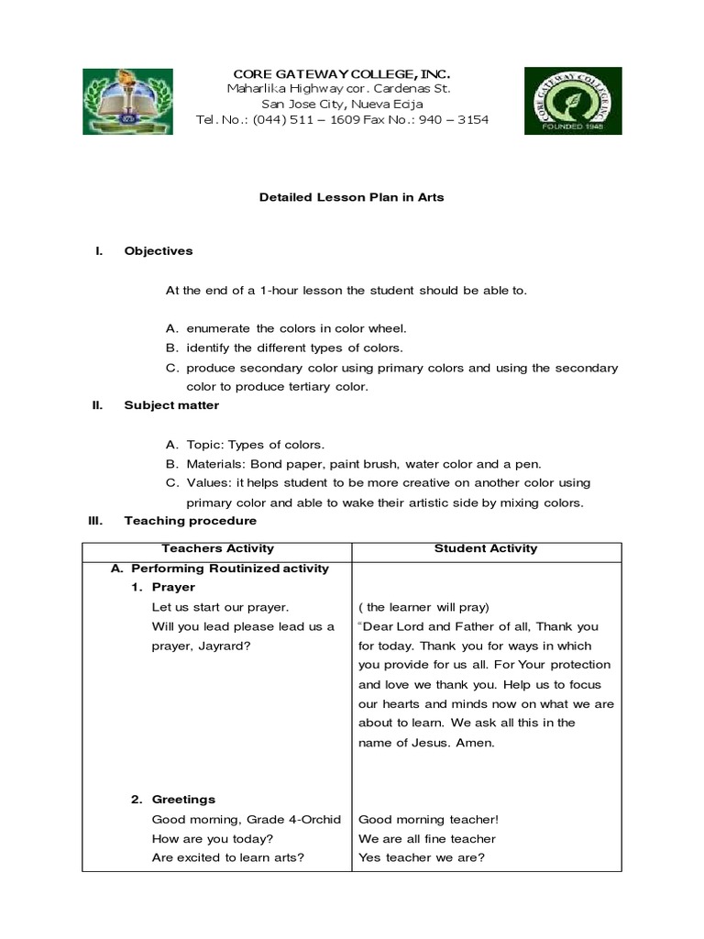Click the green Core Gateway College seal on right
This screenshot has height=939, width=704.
(x=572, y=101)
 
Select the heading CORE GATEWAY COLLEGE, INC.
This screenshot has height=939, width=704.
(x=342, y=72)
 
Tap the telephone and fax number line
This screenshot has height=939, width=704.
(x=342, y=120)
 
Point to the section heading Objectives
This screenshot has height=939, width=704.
(x=159, y=250)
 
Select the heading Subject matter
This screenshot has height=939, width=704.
(x=171, y=404)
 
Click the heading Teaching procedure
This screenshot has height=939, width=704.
(x=191, y=520)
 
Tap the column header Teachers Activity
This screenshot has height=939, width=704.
(x=217, y=548)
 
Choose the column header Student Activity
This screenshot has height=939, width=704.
(x=486, y=548)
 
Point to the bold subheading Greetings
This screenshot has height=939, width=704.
(x=183, y=799)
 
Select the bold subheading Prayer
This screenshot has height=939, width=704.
(x=173, y=587)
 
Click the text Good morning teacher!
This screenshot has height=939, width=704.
(x=428, y=819)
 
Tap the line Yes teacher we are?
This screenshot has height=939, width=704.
(x=422, y=857)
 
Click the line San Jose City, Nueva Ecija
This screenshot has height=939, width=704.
(x=342, y=105)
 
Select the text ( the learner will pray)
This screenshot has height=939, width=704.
(x=424, y=607)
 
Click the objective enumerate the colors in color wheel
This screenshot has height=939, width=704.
(x=295, y=328)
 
